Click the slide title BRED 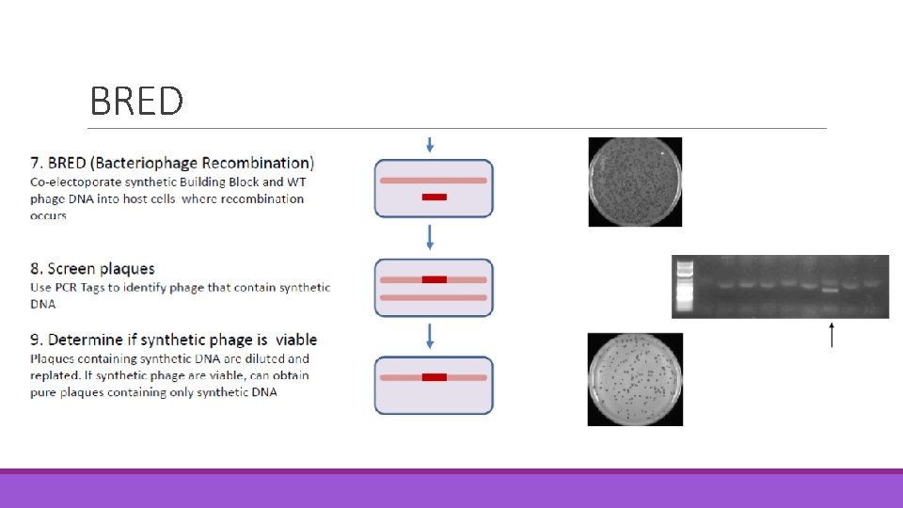[x=136, y=101]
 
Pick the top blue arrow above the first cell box [x=431, y=144]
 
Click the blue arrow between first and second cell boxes [x=431, y=236]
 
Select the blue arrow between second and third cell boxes [x=431, y=335]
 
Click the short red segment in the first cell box [x=434, y=197]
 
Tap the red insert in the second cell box [x=434, y=279]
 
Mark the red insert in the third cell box [x=434, y=377]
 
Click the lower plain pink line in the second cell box [x=434, y=297]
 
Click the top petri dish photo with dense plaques [x=635, y=182]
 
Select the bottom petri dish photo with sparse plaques [x=635, y=379]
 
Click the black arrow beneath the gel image [x=831, y=335]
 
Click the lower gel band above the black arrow [x=830, y=291]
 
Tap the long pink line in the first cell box [x=434, y=180]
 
